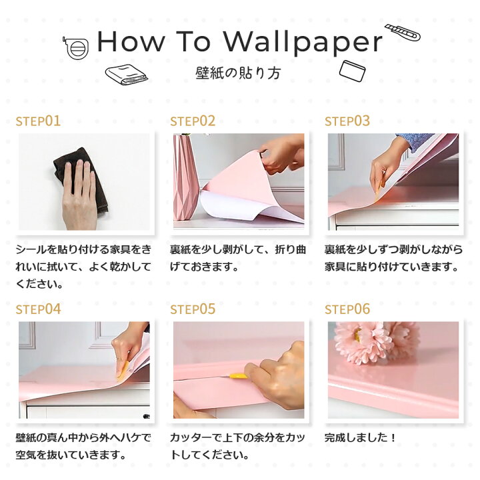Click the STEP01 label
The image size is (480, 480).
38,121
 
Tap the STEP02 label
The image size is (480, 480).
193,121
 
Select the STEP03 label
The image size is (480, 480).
347,121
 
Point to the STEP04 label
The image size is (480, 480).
38,309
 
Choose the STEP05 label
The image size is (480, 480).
193,309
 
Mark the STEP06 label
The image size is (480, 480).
347,309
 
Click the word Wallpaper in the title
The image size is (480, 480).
303,42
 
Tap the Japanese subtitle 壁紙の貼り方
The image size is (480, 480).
238,73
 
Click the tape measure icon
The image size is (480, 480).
77,48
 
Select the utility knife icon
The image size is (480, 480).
402,33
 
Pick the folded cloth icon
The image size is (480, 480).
126,75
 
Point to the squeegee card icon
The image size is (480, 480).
353,71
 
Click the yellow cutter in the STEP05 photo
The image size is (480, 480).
238,376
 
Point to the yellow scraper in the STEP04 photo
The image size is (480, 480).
123,371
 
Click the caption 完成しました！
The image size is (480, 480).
360,438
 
